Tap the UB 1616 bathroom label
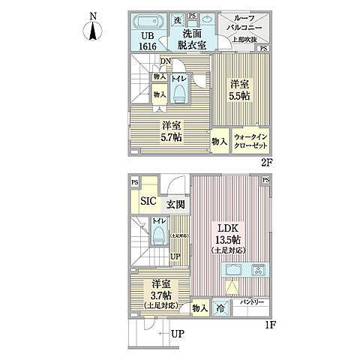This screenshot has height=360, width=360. pyautogui.click(x=147, y=40)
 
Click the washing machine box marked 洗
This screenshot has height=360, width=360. pyautogui.click(x=178, y=19)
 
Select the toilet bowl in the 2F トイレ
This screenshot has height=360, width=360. pyautogui.click(x=179, y=92)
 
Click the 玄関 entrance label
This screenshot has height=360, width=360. pyautogui.click(x=175, y=203)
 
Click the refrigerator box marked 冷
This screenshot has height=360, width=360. pyautogui.click(x=222, y=307)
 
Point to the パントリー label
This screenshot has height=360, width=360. pyautogui.click(x=252, y=301)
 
